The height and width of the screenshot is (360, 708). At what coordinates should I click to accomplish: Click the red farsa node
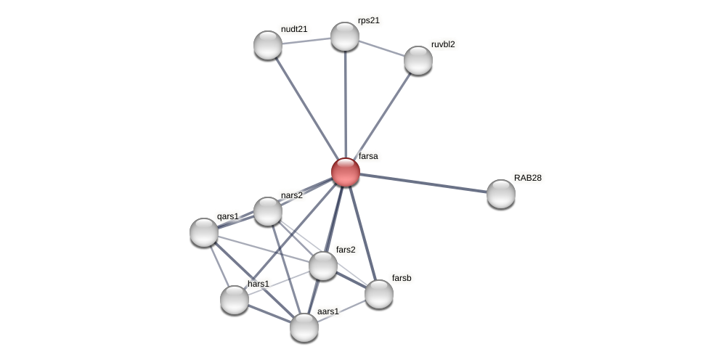(x=345, y=172)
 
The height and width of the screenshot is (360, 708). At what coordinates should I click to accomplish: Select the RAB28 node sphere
(x=500, y=194)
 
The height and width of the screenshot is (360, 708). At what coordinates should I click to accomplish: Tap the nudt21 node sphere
(x=268, y=45)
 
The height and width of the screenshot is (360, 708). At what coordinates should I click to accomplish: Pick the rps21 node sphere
(x=345, y=36)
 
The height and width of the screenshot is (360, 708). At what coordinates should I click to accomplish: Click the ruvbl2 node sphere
(x=418, y=60)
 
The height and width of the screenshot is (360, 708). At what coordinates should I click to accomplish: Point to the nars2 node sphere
(x=268, y=211)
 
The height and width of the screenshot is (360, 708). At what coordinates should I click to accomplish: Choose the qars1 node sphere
(x=204, y=232)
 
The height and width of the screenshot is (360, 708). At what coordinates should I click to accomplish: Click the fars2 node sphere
(x=323, y=266)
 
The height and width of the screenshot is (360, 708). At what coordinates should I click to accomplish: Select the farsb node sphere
(x=378, y=294)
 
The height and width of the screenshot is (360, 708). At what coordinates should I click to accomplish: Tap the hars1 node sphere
(x=235, y=300)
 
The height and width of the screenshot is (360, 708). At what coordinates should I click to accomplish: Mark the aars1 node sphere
(x=304, y=327)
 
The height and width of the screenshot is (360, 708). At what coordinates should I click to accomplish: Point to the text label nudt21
(x=294, y=29)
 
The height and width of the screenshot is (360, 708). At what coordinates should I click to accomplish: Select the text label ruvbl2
(x=443, y=44)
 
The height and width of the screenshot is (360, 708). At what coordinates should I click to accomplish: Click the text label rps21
(x=368, y=20)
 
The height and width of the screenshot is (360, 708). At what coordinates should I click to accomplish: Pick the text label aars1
(x=327, y=311)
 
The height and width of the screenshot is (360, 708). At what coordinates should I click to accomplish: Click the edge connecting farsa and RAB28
(x=423, y=183)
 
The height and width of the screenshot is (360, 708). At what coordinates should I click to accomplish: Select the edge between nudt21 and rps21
(x=306, y=41)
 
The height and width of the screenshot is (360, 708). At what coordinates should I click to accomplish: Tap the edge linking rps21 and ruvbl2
(x=381, y=48)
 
